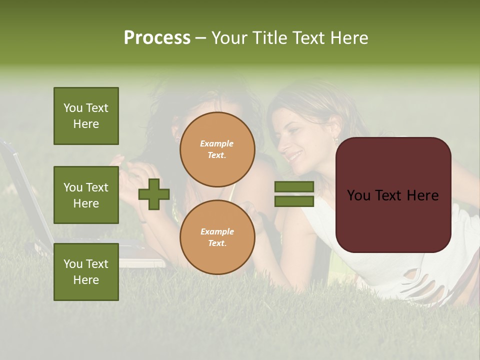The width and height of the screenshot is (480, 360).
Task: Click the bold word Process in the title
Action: pyautogui.click(x=157, y=38)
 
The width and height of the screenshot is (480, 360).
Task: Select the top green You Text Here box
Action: pyautogui.click(x=86, y=116)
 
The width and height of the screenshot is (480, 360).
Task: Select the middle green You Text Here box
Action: pyautogui.click(x=86, y=195)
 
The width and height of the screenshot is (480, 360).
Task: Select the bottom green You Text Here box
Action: pyautogui.click(x=86, y=271)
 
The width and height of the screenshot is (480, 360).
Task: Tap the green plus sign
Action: pyautogui.click(x=154, y=194)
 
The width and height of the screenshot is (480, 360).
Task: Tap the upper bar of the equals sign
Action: pyautogui.click(x=294, y=186)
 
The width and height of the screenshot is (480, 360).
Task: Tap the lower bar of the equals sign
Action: pyautogui.click(x=294, y=201)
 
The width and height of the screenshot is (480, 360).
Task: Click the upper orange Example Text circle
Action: pyautogui.click(x=217, y=149)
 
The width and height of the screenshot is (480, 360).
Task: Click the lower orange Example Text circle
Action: pyautogui.click(x=217, y=237)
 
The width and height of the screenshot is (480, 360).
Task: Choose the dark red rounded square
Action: pyautogui.click(x=393, y=195)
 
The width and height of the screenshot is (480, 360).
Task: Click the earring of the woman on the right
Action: pyautogui.click(x=336, y=141)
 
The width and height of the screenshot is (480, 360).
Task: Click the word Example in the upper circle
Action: pyautogui.click(x=216, y=143)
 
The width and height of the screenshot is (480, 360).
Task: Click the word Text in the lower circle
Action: pyautogui.click(x=216, y=243)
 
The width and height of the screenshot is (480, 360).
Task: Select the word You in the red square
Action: pyautogui.click(x=358, y=195)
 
